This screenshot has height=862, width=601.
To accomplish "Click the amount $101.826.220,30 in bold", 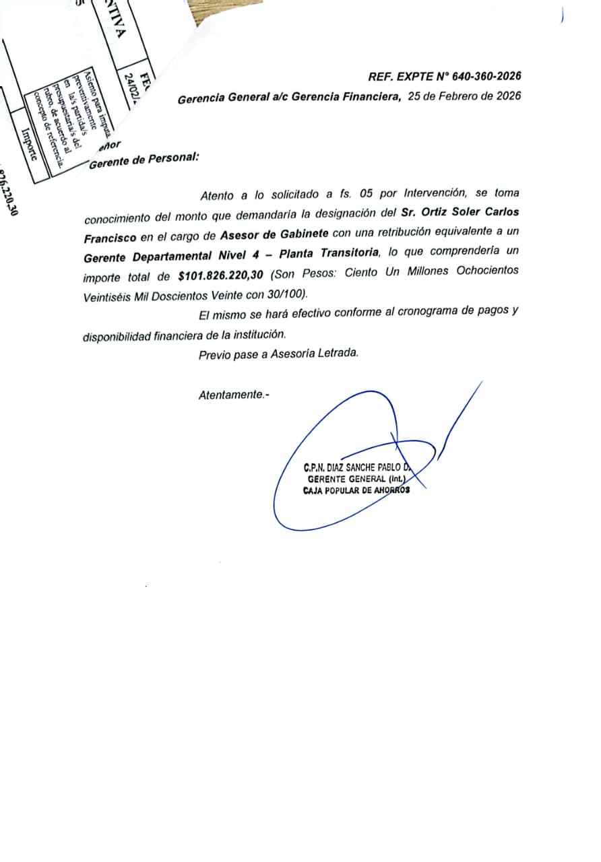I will pos(224,275).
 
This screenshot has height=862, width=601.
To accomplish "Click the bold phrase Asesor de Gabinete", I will pos(274,234).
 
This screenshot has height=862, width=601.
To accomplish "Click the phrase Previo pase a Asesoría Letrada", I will pos(278,354).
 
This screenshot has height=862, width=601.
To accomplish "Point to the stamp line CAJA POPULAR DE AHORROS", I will pos(356,490).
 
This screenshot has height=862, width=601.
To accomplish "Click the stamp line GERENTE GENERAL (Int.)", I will pos(356,479).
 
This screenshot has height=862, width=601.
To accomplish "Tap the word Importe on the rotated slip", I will pos(29,145).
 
